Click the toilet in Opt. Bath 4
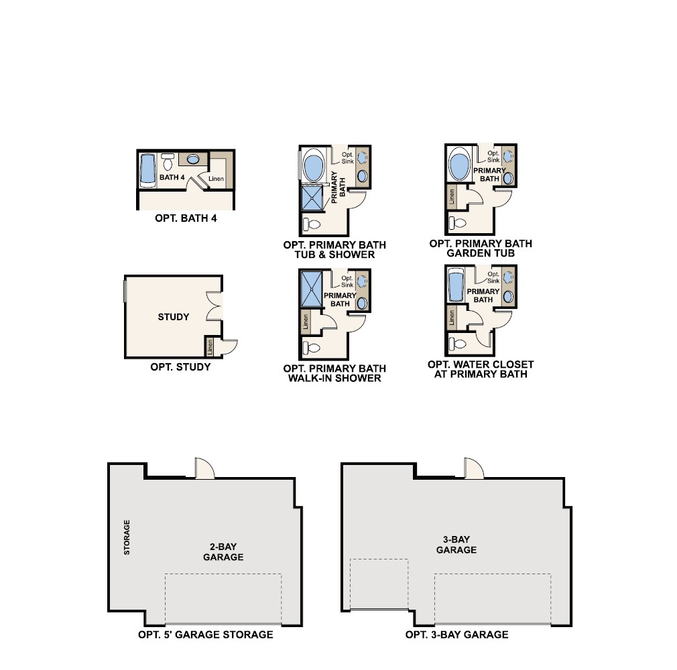point(168,162)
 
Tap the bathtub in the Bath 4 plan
point(147,170)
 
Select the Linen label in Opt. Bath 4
point(216,179)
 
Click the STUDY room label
point(174,317)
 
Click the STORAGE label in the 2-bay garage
point(127,537)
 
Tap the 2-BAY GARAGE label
point(223,551)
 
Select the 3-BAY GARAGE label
point(456,544)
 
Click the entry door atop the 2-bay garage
point(204,468)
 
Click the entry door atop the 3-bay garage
point(474,468)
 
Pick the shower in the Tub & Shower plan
point(312,198)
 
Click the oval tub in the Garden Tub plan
point(459,164)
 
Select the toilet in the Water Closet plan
point(458,344)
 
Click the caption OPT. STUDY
point(180,367)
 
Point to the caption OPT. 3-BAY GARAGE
point(456,634)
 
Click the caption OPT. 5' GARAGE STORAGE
point(206,634)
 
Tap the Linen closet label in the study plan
point(210,347)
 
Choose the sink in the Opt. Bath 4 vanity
point(192,159)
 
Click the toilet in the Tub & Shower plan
point(312,224)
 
